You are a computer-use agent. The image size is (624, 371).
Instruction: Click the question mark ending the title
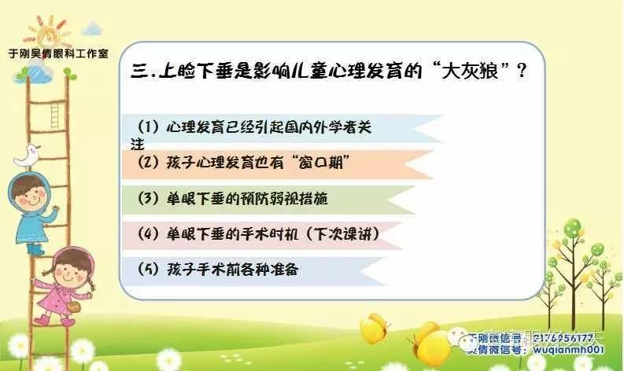pyautogui.click(x=520, y=71)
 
